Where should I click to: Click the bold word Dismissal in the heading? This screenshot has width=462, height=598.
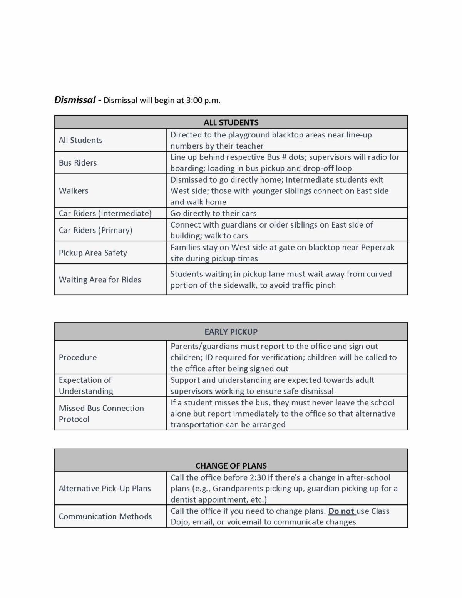(x=75, y=100)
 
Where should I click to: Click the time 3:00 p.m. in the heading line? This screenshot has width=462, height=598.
(x=203, y=101)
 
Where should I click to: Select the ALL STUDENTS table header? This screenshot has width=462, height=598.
(x=231, y=122)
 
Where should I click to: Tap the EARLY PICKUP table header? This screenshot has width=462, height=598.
(x=231, y=332)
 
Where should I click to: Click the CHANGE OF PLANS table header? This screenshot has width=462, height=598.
(x=231, y=466)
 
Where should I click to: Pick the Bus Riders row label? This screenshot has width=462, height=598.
(x=78, y=163)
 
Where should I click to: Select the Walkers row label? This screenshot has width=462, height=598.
(x=74, y=191)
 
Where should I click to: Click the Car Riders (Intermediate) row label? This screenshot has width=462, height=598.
(x=105, y=213)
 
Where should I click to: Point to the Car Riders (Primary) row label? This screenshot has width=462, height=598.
(x=95, y=230)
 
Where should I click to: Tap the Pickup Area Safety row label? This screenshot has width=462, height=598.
(x=93, y=253)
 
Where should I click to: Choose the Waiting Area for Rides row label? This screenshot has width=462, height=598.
(x=100, y=280)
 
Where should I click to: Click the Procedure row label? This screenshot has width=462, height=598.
(x=78, y=357)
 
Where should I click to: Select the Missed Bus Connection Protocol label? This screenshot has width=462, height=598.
(x=101, y=414)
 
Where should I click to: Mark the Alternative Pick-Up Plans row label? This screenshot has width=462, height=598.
(x=105, y=488)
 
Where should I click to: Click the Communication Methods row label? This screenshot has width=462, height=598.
(x=105, y=516)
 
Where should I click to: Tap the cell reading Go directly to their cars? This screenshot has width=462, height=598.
(x=213, y=213)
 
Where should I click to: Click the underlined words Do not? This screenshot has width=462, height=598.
(x=341, y=511)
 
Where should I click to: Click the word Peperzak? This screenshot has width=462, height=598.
(x=377, y=247)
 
